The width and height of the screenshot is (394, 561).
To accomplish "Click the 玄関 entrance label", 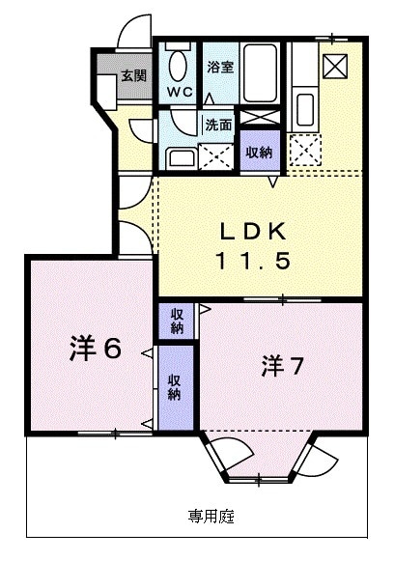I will coord(133,75).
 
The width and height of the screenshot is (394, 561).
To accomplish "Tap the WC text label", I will coord(181,92).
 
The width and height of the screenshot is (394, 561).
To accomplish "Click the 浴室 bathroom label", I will coord(220,68).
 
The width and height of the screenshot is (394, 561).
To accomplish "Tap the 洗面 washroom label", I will coord(217,125).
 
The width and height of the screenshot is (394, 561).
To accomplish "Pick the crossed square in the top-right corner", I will coord(337,66).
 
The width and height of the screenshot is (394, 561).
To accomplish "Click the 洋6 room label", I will coord(96,349).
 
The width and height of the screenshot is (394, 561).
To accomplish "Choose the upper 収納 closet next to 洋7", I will coord(178,321).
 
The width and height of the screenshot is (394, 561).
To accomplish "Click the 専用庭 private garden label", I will coord(211,515).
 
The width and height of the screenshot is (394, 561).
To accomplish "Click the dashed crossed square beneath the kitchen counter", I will coord(309,147).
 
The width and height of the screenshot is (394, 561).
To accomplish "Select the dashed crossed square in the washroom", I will coord(214,156).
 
